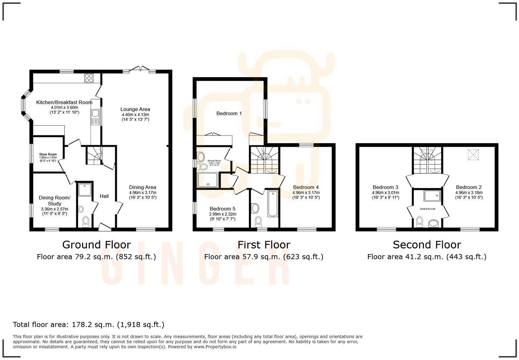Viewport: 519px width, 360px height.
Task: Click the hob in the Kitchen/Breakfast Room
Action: pyautogui.click(x=89, y=78)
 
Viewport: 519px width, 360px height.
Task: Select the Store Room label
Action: pyautogui.click(x=48, y=154)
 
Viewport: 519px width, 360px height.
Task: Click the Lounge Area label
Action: pyautogui.click(x=135, y=109)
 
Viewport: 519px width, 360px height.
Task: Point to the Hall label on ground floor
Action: pyautogui.click(x=104, y=196)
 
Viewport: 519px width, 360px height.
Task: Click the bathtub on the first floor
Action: pyautogui.click(x=273, y=203)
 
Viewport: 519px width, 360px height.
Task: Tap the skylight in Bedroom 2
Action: pyautogui.click(x=473, y=155)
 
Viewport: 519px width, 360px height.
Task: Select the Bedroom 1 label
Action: pyautogui.click(x=229, y=113)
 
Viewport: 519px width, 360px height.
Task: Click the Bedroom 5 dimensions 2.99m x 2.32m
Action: pyautogui.click(x=222, y=214)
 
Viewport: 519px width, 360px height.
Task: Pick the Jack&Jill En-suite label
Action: pyautogui.click(x=427, y=209)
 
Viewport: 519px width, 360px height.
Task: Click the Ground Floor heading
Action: pyautogui.click(x=96, y=245)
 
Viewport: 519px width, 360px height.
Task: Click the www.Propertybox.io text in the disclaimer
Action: pyautogui.click(x=215, y=347)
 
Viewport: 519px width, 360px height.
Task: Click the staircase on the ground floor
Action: pyautogui.click(x=95, y=156)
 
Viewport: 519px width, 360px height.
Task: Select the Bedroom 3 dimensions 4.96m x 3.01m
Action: pyautogui.click(x=385, y=193)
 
